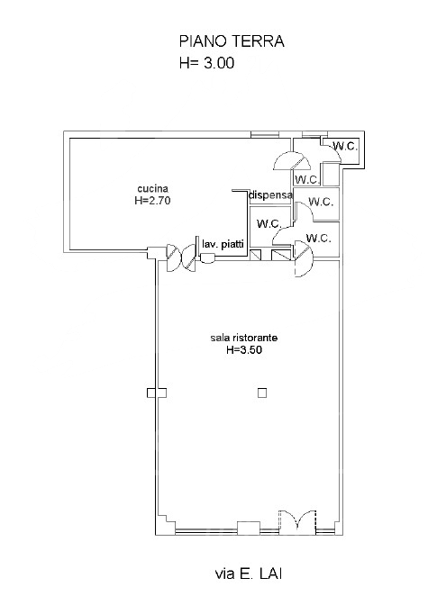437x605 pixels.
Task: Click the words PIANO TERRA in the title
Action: [x=232, y=41]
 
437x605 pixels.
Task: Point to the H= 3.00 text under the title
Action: [x=206, y=63]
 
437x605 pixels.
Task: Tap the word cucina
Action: [x=153, y=189]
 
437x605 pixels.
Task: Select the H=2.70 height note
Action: [x=152, y=201]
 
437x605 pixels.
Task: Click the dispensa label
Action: [x=270, y=195]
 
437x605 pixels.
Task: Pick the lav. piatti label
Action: [x=223, y=244]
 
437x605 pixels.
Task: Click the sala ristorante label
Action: [x=244, y=338]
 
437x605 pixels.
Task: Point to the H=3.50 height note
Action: [x=244, y=350]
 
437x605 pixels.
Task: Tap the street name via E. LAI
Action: [x=248, y=573]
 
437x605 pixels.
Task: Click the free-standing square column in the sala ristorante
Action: [x=262, y=393]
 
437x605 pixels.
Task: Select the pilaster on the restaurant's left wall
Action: [x=157, y=393]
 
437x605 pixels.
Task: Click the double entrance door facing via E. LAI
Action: [x=297, y=522]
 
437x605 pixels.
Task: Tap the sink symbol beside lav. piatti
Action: [x=208, y=257]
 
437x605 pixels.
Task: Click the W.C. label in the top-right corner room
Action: [x=345, y=146]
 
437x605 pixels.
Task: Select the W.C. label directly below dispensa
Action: [x=269, y=224]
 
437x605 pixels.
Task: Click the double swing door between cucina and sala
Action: [x=181, y=258]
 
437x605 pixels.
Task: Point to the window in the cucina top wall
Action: [x=264, y=134]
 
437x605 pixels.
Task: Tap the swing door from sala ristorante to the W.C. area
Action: [x=303, y=257]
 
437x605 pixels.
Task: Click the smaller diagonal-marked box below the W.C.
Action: [x=256, y=255]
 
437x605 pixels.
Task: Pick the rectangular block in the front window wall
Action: [x=249, y=528]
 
